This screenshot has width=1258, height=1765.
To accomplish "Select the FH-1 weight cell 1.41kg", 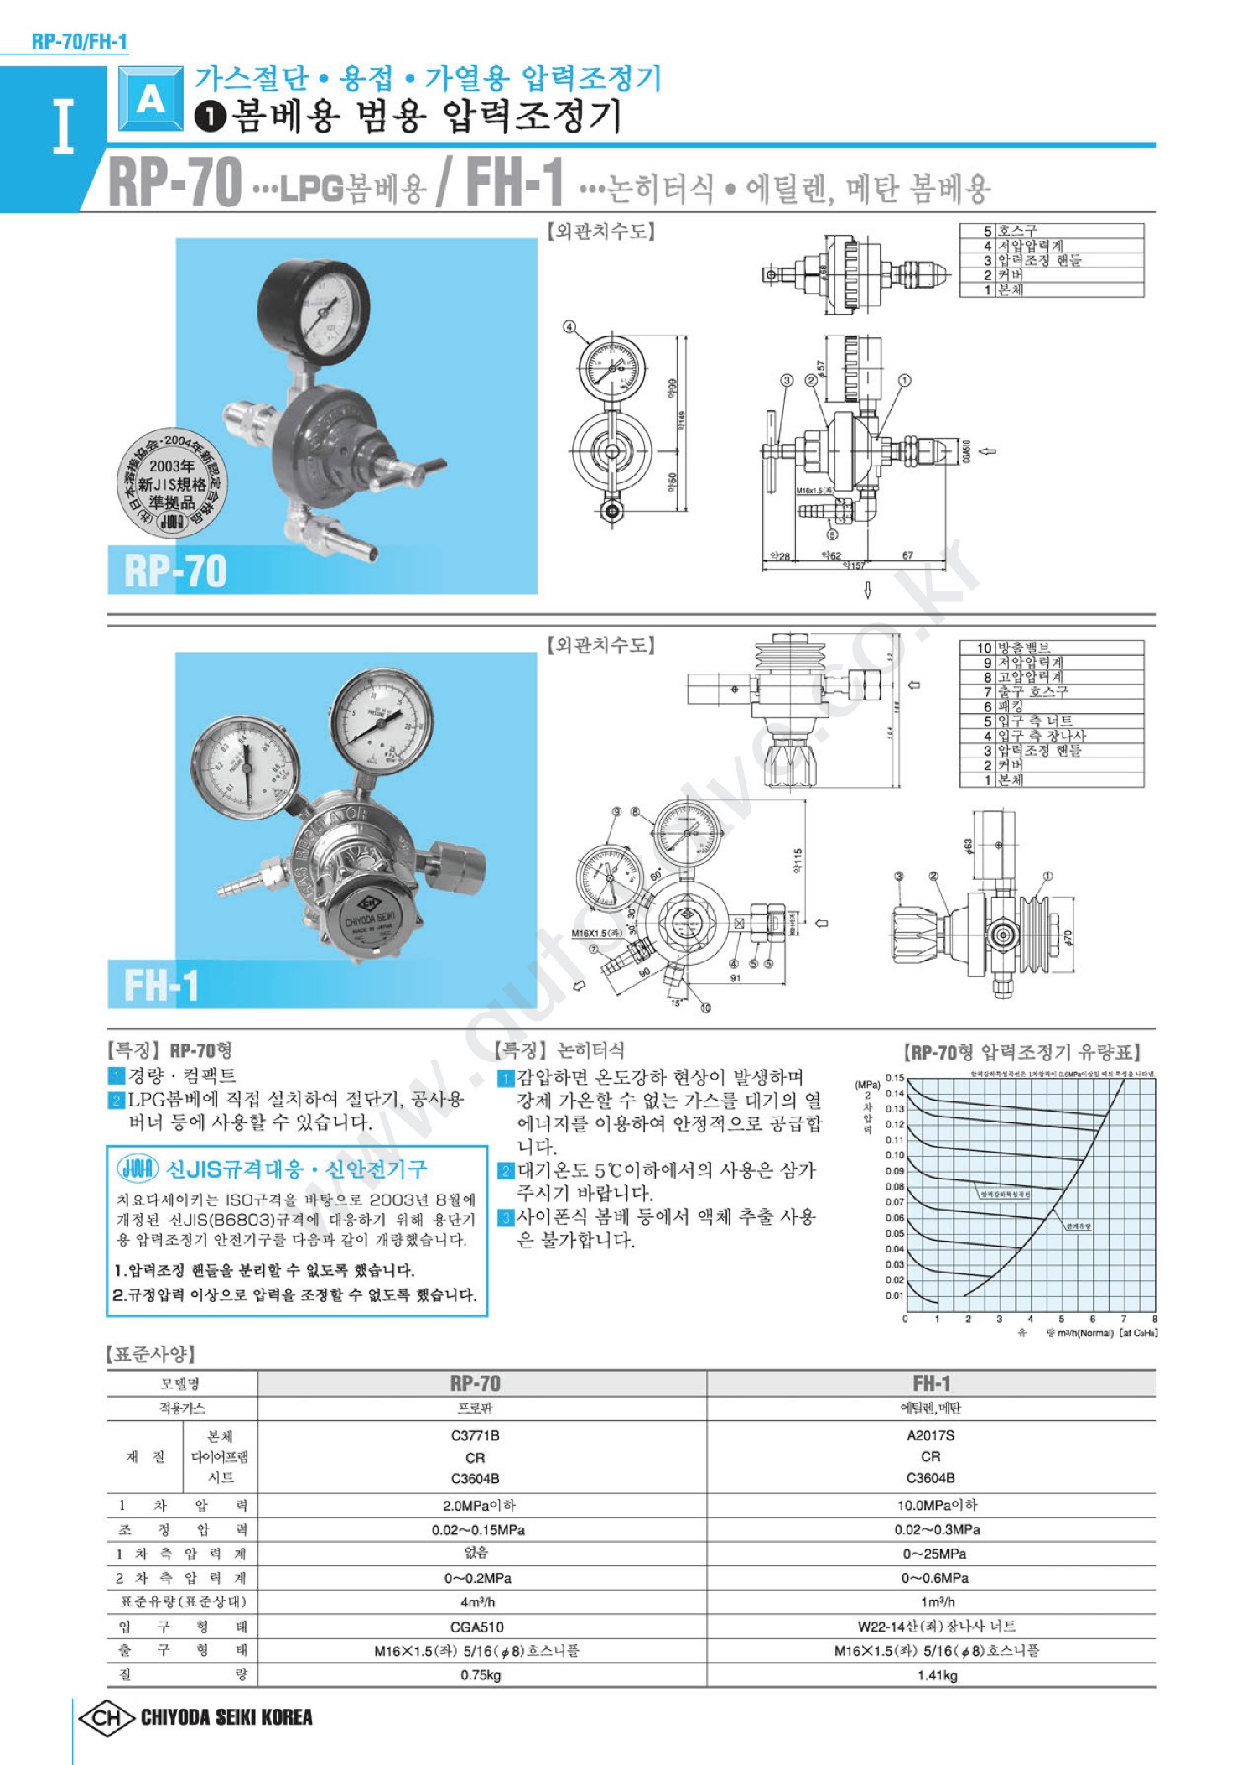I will click(x=937, y=1675).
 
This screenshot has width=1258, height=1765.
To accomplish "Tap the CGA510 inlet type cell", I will click(x=476, y=1627).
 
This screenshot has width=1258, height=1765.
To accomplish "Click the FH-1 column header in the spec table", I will click(x=931, y=1382).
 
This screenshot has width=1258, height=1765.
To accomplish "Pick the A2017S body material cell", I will click(x=930, y=1435).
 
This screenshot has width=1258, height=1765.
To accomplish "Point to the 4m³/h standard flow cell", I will click(x=476, y=1601).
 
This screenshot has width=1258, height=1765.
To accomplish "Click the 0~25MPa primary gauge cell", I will click(x=934, y=1554).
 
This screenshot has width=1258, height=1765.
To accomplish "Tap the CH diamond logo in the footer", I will click(x=106, y=1717).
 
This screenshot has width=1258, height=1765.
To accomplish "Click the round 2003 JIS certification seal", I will click(x=171, y=484).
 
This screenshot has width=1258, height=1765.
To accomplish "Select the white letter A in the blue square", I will click(x=151, y=99).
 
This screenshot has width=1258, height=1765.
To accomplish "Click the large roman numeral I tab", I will click(x=63, y=126).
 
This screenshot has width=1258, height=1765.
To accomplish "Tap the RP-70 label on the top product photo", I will click(x=175, y=571).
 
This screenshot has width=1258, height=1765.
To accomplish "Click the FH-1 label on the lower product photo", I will click(x=161, y=985).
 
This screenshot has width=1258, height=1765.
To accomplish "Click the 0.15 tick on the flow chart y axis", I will click(x=895, y=1078).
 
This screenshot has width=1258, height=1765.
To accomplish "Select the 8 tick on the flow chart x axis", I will click(x=1155, y=1319).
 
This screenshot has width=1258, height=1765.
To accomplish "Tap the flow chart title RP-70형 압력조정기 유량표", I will click(x=1021, y=1052).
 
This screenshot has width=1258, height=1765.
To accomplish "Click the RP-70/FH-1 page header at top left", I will click(x=80, y=41).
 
